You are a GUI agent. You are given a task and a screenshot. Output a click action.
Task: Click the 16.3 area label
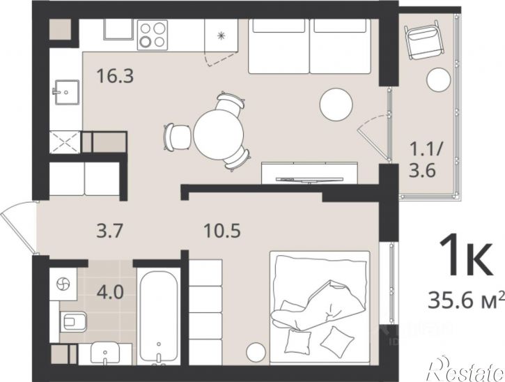click(115, 77)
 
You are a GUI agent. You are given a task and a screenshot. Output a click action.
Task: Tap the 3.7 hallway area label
click(110, 231)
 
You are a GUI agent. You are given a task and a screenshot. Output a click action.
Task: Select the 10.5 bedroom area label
click(222, 231)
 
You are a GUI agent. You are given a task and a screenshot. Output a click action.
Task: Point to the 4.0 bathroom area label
click(110, 293)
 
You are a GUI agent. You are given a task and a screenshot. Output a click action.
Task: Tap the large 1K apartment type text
click(466, 256)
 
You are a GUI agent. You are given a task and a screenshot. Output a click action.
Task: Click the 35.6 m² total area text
click(466, 300)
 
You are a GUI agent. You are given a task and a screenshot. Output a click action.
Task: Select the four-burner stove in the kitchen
click(153, 35)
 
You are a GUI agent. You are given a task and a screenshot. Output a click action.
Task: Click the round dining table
click(219, 134)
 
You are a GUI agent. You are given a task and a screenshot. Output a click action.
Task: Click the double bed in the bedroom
click(320, 308)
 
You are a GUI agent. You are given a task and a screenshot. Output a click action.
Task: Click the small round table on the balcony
click(438, 79)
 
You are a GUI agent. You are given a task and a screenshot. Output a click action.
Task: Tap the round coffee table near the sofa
click(336, 105)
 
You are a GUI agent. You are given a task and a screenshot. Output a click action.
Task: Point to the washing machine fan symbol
click(63, 284)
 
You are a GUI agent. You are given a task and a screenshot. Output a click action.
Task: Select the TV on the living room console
click(309, 179)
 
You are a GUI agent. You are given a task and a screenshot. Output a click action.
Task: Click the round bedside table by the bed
click(256, 352)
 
